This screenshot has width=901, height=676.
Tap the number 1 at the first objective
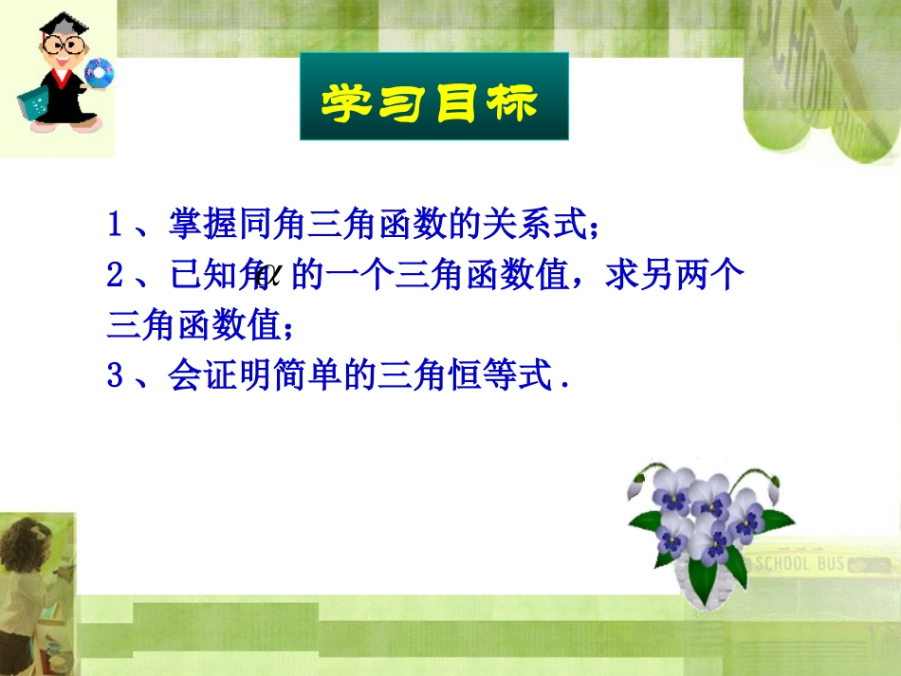click(116, 225)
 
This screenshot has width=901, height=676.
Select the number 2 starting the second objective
click(116, 276)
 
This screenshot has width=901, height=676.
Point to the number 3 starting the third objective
click(116, 377)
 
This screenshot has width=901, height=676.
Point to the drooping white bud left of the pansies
click(636, 486)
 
